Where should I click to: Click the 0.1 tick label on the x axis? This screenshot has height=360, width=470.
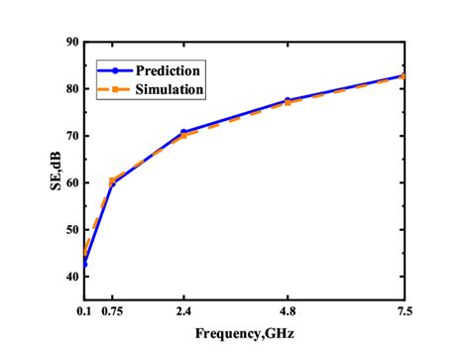83,312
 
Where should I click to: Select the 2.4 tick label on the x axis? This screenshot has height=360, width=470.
182,312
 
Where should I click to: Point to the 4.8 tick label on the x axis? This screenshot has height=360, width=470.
287,312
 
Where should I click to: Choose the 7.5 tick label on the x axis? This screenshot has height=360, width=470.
404,312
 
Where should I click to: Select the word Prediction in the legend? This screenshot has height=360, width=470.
171,70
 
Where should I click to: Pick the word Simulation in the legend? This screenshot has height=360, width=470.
171,89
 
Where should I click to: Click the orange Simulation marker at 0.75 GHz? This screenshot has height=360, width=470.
112,180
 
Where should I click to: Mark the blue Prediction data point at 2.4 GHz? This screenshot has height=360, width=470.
183,132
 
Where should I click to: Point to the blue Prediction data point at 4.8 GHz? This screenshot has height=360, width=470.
288,100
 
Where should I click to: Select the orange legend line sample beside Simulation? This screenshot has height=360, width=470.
116,89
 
